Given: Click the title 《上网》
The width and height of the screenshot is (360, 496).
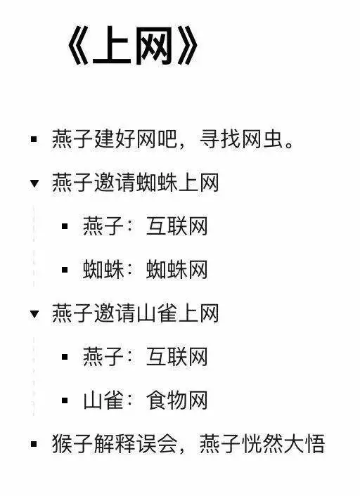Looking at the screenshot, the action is (x=132, y=46).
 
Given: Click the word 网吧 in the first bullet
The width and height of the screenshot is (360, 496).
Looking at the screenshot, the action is (x=157, y=139).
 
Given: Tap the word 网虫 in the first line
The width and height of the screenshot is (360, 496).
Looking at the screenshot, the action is (x=262, y=139).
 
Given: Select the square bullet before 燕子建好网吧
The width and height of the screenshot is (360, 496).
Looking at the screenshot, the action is (x=34, y=139).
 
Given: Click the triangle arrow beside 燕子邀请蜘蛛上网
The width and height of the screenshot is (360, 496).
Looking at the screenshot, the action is (x=34, y=183).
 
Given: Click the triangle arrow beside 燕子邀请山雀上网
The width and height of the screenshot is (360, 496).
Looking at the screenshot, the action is (x=34, y=314).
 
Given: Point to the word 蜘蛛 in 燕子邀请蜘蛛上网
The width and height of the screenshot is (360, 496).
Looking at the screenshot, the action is (x=157, y=183).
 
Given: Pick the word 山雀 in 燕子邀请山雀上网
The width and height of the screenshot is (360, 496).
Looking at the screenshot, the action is (x=157, y=313).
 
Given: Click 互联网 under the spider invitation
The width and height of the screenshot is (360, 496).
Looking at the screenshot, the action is (x=176, y=226).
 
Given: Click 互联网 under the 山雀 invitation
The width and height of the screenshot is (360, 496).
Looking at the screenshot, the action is (x=176, y=357).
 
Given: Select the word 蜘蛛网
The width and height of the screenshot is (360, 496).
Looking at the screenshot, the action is (x=176, y=270).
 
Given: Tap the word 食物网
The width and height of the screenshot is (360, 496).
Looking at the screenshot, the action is (x=176, y=400).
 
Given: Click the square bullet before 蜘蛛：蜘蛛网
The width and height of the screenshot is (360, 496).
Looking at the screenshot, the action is (x=65, y=270).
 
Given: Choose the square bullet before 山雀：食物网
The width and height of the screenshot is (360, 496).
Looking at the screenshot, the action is (x=65, y=400).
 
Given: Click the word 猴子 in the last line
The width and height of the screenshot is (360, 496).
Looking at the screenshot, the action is (x=72, y=444).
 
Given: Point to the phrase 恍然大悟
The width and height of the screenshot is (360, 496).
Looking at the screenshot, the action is (x=283, y=444).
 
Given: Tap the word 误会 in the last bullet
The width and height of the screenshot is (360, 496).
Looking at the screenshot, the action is (x=157, y=444).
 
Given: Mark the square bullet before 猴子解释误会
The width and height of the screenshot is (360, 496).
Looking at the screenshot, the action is (x=34, y=444).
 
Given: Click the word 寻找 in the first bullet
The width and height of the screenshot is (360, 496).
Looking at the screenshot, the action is (x=220, y=139).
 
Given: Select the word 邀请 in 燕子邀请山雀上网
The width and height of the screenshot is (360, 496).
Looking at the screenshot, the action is (x=115, y=313).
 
